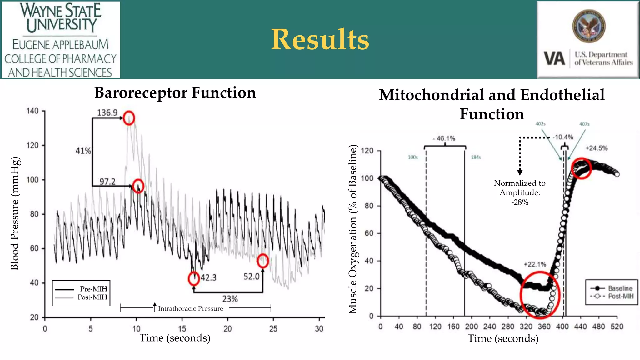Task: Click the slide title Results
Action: [x=320, y=39]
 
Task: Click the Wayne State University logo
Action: [x=61, y=40]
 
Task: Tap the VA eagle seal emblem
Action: [x=589, y=26]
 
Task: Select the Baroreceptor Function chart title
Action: [x=175, y=93]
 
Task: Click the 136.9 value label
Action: [x=107, y=113]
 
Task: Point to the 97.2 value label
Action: [x=107, y=182]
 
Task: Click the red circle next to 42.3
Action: [x=194, y=278]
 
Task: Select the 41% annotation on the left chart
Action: [x=83, y=151]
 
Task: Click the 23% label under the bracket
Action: [x=230, y=299]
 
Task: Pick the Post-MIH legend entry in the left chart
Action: [x=92, y=297]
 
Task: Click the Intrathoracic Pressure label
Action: [x=190, y=309]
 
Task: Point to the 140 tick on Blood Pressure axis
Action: [x=32, y=111]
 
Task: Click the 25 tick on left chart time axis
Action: [x=273, y=329]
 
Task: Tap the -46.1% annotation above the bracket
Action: [x=444, y=138]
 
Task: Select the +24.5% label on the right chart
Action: [x=596, y=148]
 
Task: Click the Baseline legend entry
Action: [x=620, y=288]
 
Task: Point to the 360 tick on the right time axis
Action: [x=544, y=327]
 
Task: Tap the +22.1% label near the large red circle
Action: [x=535, y=264]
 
